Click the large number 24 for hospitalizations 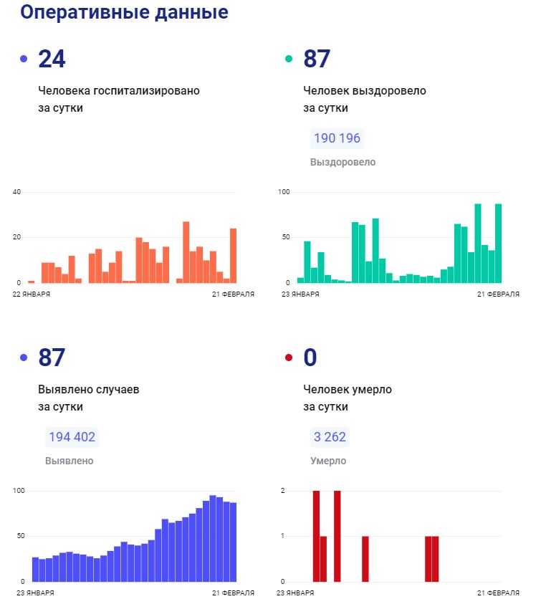[x=52, y=59]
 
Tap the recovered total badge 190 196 [x=337, y=138]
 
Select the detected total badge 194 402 [x=72, y=437]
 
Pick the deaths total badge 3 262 [x=330, y=437]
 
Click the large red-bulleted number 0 [x=310, y=357]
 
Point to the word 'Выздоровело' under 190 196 [x=343, y=162]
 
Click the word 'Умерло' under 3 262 [x=328, y=461]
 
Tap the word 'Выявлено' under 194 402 [x=69, y=461]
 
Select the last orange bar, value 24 [x=233, y=256]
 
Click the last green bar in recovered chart [x=498, y=244]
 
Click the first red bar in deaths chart [x=316, y=536]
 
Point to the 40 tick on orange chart [x=17, y=191]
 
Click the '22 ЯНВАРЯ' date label [x=32, y=294]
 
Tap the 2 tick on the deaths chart [x=283, y=491]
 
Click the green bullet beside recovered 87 [x=289, y=59]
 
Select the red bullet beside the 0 [x=289, y=357]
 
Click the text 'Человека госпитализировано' [x=119, y=91]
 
